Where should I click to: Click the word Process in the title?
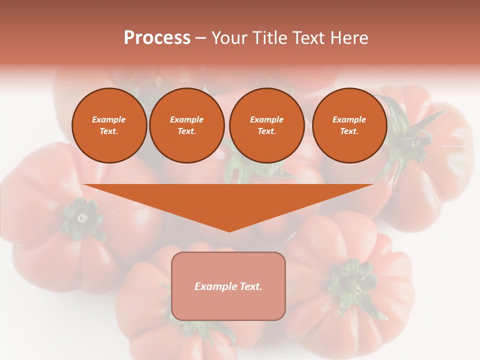pos(157,37)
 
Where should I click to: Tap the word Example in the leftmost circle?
pos(109,119)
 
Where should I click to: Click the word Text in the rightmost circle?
pos(349,131)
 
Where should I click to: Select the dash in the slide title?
pos(200,38)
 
